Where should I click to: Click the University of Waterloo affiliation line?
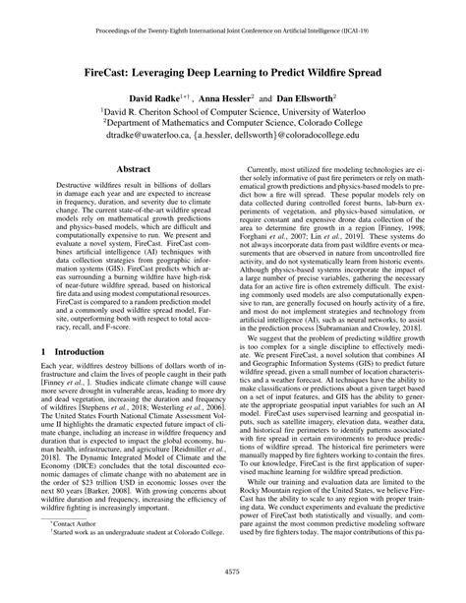click(x=233, y=113)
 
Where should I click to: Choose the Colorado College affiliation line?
click(x=233, y=127)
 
